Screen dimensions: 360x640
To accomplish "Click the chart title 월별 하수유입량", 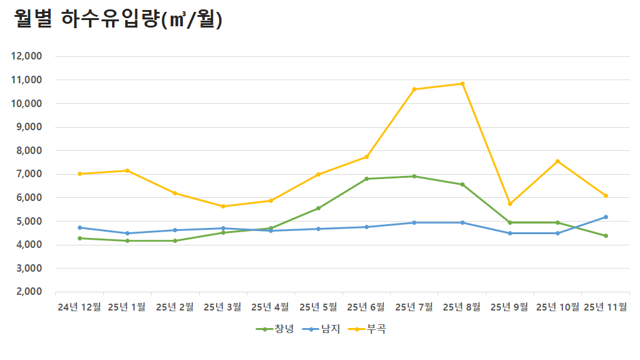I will pos(118,19).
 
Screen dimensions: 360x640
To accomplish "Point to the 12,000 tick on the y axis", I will pos(27,56).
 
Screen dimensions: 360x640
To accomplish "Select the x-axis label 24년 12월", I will pos(79,307).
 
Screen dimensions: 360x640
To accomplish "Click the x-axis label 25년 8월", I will pos(462,307).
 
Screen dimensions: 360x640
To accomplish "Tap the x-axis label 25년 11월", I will pos(606,307).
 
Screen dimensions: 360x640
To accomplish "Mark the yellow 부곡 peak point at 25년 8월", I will pos(462,83).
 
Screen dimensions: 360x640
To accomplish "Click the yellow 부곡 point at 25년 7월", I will pos(415,89).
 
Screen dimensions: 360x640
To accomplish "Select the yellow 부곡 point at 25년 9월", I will pos(510,203).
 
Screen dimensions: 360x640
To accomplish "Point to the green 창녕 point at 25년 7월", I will pos(415,176).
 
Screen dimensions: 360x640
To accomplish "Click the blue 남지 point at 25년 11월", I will pos(606,217).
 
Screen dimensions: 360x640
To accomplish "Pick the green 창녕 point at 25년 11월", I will pos(606,235).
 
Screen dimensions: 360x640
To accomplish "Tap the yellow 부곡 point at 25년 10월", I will pos(557,161).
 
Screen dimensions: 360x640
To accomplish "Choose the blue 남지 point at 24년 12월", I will pos(80,227).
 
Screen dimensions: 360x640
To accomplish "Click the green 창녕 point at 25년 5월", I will pos(319,208).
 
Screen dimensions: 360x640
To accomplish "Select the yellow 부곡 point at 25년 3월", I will pos(223,206).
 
